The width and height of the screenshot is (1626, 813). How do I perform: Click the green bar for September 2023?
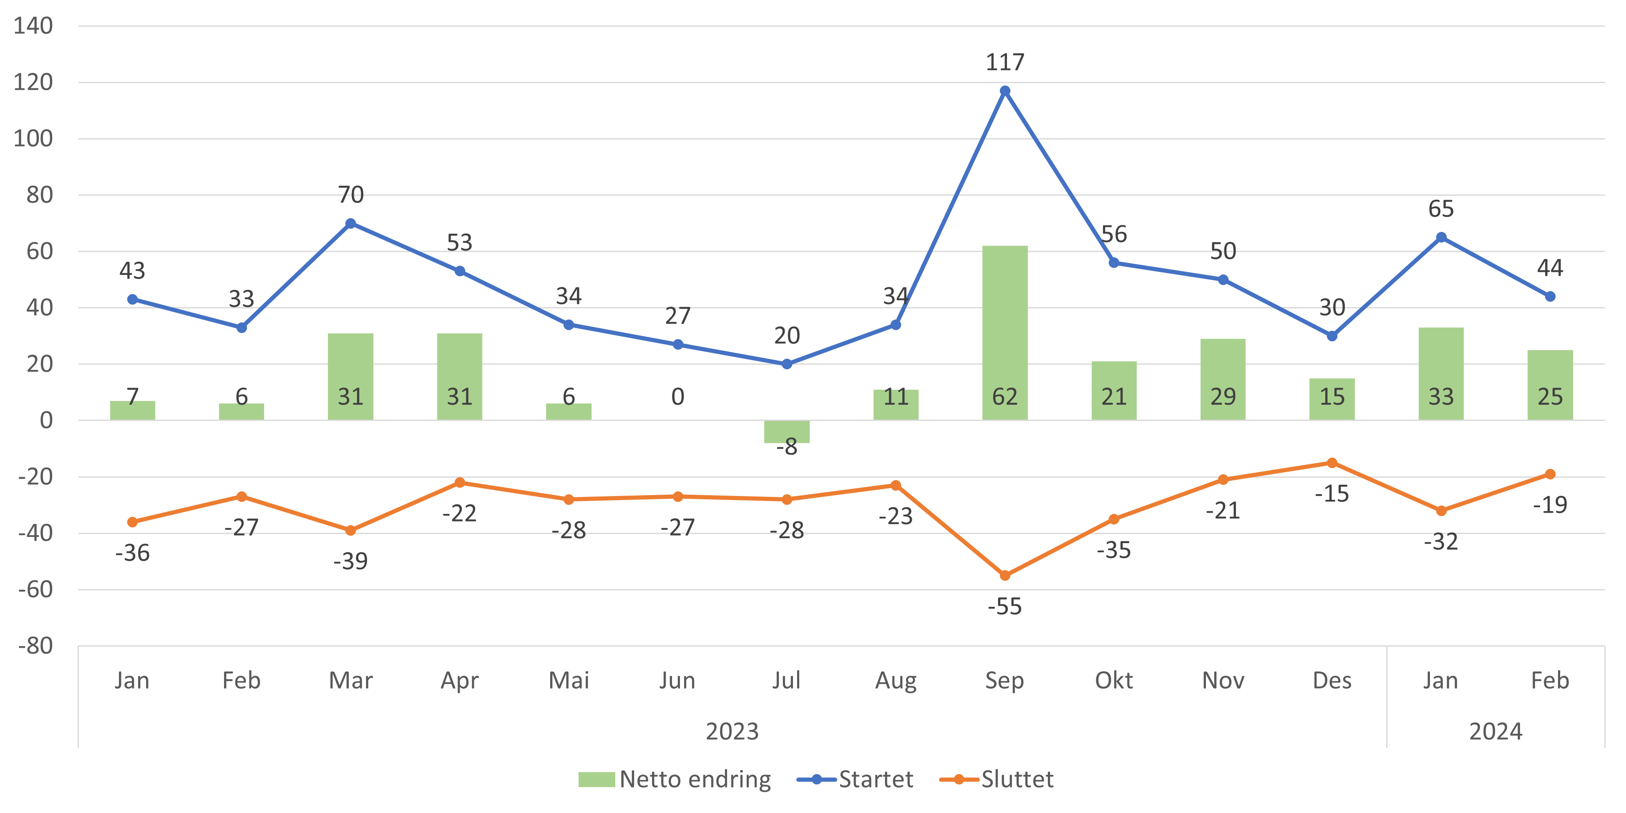click(x=1005, y=332)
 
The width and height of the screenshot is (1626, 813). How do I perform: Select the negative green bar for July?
click(x=786, y=432)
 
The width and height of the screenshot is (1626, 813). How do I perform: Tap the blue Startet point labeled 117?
click(x=1005, y=91)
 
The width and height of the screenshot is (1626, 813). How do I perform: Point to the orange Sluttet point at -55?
click(x=1005, y=576)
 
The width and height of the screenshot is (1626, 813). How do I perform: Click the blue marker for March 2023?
click(x=351, y=224)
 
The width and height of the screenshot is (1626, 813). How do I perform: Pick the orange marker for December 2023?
click(x=1332, y=463)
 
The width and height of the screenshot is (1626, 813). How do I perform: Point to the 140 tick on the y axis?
click(x=33, y=26)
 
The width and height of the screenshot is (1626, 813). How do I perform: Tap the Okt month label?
click(x=1113, y=680)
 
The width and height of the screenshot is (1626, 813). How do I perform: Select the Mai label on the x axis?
click(x=569, y=680)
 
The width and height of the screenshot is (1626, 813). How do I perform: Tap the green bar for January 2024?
click(x=1441, y=374)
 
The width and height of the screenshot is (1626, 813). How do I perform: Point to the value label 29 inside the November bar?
click(x=1223, y=397)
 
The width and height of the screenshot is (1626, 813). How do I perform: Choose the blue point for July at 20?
click(x=786, y=364)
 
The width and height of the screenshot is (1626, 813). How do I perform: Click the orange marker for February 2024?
click(x=1550, y=474)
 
